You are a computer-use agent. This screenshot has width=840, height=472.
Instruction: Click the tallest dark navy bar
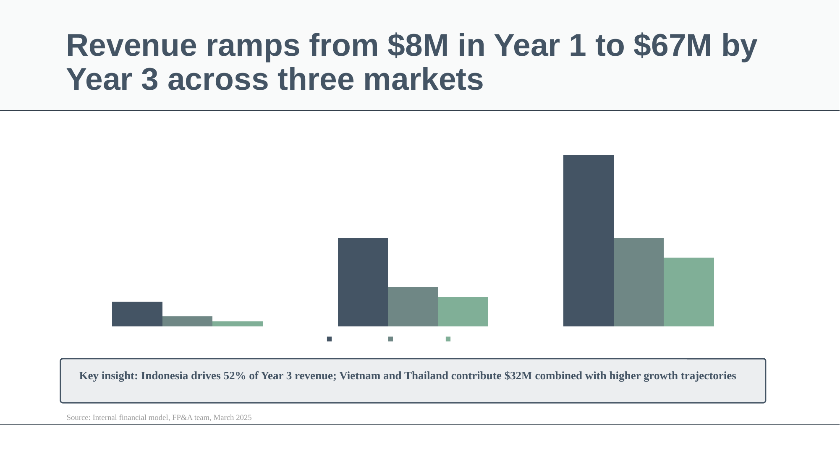pos(588,240)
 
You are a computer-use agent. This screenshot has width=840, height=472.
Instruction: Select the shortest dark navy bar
pos(137,314)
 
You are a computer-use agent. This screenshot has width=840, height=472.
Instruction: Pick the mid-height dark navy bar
pos(363,282)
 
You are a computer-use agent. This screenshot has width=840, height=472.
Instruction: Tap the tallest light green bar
pos(688,292)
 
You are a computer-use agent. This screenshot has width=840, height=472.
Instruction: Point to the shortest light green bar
pos(238,324)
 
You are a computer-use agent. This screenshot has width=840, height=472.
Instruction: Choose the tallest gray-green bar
pos(639,282)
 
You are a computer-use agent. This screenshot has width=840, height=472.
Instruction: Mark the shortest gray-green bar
pos(187,321)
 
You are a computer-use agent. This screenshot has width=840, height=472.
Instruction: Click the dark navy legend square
pos(329,339)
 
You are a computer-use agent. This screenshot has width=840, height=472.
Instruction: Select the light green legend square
pos(448,339)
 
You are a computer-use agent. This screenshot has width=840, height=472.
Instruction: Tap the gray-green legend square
pos(390,339)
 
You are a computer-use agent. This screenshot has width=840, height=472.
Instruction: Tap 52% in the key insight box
pos(235,376)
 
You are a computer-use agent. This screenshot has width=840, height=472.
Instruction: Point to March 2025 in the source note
pos(233,417)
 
